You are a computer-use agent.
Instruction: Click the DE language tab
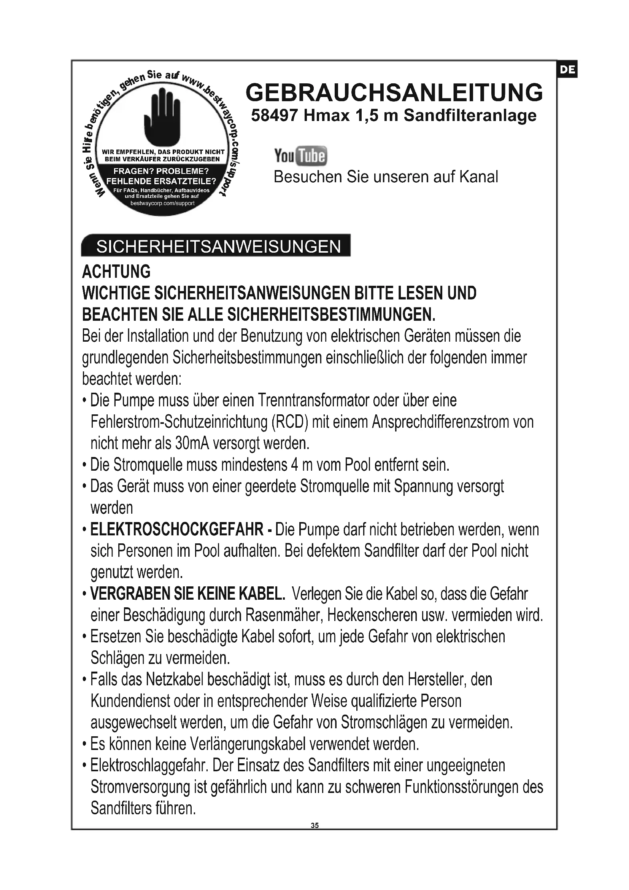567,70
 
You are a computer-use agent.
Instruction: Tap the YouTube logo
300,156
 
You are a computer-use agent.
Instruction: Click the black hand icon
162,116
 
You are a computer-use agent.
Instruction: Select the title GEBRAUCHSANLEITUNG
394,92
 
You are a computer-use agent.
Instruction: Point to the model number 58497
274,116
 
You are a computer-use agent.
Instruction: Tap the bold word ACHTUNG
116,272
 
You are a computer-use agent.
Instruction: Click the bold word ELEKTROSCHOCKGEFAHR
176,530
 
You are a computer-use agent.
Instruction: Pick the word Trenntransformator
313,400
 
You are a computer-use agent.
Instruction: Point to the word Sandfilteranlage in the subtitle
470,116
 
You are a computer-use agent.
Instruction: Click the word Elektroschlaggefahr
149,766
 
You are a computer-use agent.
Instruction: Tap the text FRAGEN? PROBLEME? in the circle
161,171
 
